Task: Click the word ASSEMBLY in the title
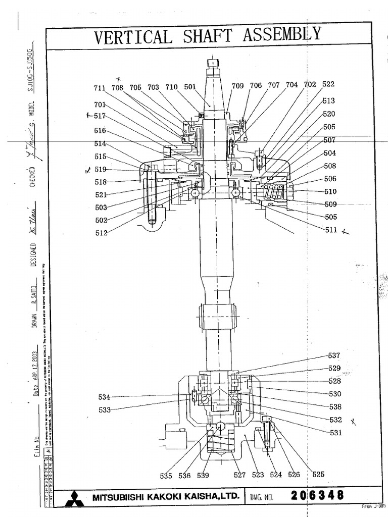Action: click(281, 34)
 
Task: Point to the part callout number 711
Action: click(100, 88)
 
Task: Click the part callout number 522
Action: click(328, 85)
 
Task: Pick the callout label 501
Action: click(189, 87)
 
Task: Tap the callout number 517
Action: click(100, 116)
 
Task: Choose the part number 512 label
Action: click(101, 233)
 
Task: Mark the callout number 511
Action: click(330, 230)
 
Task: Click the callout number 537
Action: click(334, 355)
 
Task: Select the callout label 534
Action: click(104, 397)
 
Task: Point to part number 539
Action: click(203, 475)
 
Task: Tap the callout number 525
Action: click(318, 475)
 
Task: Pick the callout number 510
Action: click(330, 192)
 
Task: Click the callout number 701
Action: click(100, 105)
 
